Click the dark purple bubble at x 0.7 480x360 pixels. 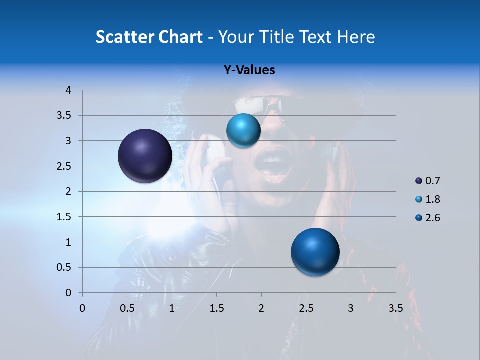coord(145,156)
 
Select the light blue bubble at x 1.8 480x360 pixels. coord(243,130)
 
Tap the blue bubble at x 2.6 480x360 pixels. coord(315,252)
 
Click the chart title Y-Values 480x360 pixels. coord(249,70)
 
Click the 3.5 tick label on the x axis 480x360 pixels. coord(396,308)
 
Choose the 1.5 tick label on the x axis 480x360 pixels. coord(217,308)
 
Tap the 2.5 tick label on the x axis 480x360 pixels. coord(306,308)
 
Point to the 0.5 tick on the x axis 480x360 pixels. coord(127,308)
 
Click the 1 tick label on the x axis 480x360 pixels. coord(172,308)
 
